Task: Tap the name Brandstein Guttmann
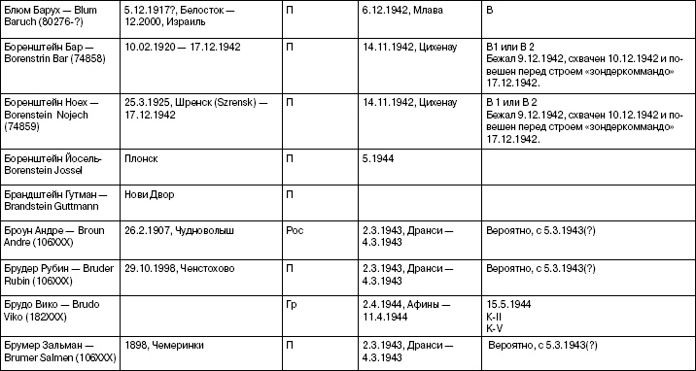pos(49,201)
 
